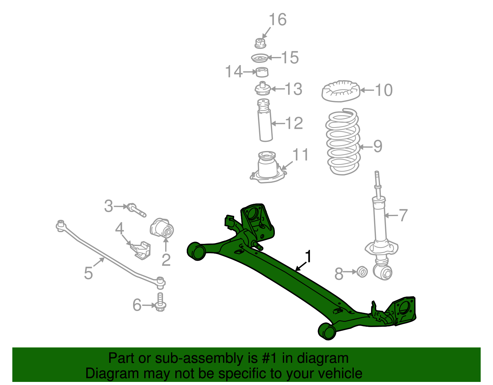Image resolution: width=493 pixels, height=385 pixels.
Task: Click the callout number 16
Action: coord(278,20)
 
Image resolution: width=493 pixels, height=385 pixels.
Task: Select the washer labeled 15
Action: coord(259,58)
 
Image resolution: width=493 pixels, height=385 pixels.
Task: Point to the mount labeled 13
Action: coord(263,89)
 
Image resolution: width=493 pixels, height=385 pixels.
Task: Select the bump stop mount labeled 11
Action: coord(267,168)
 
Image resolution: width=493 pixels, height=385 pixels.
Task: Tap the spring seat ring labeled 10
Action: coord(340,91)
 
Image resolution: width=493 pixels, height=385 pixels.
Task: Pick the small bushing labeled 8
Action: coord(362,272)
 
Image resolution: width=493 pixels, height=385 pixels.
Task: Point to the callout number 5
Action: coord(88,273)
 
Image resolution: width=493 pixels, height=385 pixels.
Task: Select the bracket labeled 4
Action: coord(141,250)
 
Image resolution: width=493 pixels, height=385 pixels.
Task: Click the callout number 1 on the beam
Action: coord(308,256)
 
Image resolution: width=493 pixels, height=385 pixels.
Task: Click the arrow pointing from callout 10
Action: coord(367,90)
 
